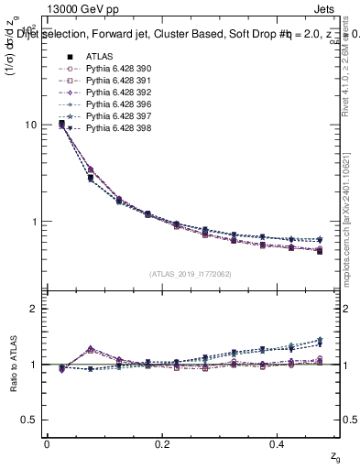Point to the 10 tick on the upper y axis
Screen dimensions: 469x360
point(33,125)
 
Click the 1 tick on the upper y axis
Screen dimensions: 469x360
point(35,222)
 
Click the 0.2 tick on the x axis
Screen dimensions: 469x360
point(163,444)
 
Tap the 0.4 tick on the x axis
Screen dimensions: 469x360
point(279,444)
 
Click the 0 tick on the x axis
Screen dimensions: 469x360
point(47,444)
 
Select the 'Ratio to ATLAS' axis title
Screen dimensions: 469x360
point(13,365)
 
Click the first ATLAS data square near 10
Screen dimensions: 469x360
point(61,123)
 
